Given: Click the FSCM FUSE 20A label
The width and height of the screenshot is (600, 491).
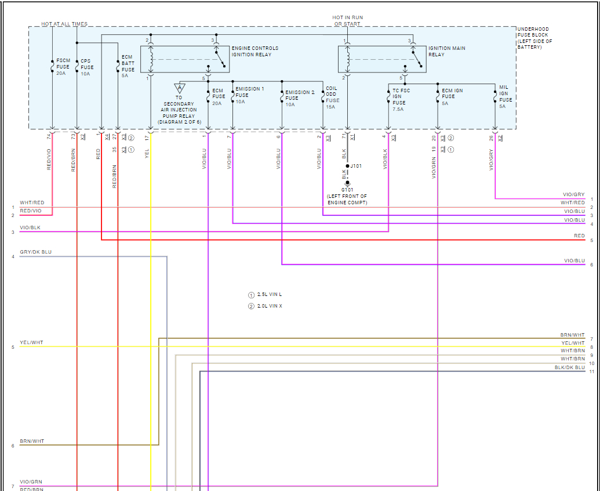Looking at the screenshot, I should click(x=63, y=67).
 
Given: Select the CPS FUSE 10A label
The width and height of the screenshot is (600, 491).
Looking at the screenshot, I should click(x=86, y=67).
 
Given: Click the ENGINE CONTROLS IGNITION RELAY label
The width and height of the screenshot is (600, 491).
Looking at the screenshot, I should click(x=254, y=51).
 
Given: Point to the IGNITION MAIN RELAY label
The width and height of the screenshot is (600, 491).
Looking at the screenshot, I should click(x=446, y=51).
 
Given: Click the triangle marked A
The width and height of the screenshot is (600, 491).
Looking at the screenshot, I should click(x=180, y=88).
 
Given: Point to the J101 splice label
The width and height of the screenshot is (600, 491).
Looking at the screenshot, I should click(x=357, y=166).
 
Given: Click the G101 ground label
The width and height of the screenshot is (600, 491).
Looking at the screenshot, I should click(x=347, y=189).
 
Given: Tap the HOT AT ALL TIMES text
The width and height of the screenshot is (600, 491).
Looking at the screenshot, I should click(x=64, y=24).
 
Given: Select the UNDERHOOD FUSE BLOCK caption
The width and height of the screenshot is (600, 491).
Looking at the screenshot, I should click(x=534, y=38).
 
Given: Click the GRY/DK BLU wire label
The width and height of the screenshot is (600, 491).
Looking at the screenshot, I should click(x=35, y=252).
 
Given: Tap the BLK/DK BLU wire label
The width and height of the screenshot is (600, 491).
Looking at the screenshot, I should click(x=569, y=367).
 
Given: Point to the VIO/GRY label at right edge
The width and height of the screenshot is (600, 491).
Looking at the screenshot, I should click(x=573, y=194).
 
